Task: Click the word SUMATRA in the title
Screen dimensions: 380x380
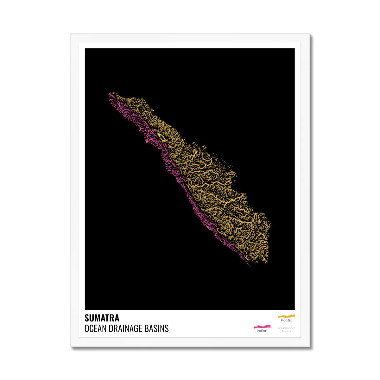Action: click(102, 318)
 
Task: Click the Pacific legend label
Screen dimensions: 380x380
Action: click(286, 320)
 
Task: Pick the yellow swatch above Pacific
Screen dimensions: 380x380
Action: click(286, 316)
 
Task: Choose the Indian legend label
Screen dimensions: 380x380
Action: click(262, 331)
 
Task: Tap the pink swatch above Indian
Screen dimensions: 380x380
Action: click(262, 326)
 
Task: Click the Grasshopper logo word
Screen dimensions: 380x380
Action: click(286, 328)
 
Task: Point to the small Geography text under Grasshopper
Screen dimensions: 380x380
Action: click(286, 331)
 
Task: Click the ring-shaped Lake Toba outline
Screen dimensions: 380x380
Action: click(161, 137)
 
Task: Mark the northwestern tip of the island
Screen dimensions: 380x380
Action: click(109, 93)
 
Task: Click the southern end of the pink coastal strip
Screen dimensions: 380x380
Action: click(249, 264)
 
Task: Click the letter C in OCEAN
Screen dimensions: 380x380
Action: click(91, 328)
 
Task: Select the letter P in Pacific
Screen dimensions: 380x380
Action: click(282, 320)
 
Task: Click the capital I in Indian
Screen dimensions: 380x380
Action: click(257, 331)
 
